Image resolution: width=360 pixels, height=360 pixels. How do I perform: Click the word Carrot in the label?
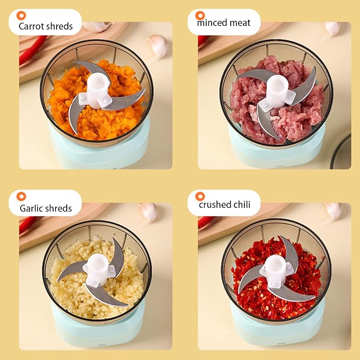pos(30,26)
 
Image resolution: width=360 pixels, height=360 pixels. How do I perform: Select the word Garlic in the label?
pos(31,208)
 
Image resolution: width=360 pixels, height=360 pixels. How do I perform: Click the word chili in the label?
pos(241,204)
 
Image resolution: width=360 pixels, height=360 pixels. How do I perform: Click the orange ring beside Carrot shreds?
pos(21,15)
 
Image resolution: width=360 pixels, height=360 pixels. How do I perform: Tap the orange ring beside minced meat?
pos(200,15)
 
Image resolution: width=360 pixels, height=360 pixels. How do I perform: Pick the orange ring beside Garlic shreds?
pos(21,196)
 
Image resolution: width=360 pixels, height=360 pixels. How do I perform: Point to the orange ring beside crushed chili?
pos(200,196)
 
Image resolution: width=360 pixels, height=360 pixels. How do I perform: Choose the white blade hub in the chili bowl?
pos(277,270)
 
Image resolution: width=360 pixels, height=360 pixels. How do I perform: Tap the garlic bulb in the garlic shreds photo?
pos(148,213)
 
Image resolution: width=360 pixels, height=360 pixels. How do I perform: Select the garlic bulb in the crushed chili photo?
pos(333,211)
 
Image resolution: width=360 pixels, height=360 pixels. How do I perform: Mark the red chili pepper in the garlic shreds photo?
pos(28,225)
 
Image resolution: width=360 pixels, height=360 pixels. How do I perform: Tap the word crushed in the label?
pos(215,204)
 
